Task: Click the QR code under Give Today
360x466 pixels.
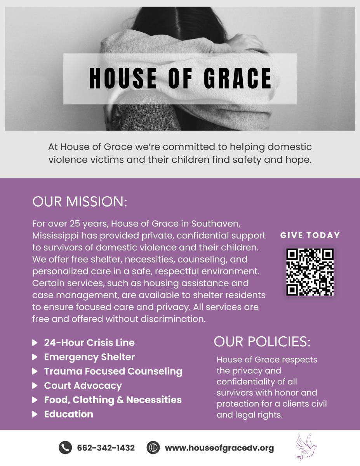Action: [x=310, y=272]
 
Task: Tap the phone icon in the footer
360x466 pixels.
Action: [x=65, y=448]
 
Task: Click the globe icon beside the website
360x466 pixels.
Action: [x=153, y=448]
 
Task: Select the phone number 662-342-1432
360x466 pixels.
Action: [x=106, y=448]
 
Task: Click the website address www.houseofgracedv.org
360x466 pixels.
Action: [x=219, y=448]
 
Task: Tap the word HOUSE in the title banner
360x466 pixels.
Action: [x=123, y=78]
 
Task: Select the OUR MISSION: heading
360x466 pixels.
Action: [x=80, y=202]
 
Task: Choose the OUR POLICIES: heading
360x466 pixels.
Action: [x=262, y=342]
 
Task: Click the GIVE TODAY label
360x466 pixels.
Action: [x=310, y=235]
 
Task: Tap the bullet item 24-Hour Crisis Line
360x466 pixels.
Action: [x=89, y=343]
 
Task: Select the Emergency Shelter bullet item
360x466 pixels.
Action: [x=89, y=357]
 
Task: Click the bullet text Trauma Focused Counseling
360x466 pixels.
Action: [x=113, y=371]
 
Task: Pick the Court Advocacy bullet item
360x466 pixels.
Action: [x=83, y=386]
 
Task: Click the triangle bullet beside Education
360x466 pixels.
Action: [x=35, y=414]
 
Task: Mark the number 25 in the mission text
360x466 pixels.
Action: [x=75, y=224]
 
